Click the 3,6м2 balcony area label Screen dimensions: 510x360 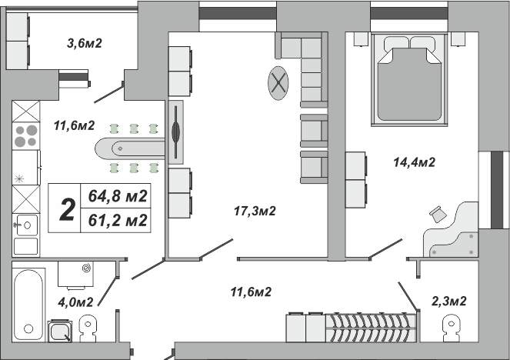[x=85, y=43]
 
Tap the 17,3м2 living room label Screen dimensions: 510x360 [x=255, y=211]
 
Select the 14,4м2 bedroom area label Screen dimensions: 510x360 [x=414, y=162]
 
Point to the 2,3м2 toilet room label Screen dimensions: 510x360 [x=449, y=301]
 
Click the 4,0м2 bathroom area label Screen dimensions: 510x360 [x=75, y=302]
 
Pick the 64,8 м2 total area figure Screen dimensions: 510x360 [x=118, y=196]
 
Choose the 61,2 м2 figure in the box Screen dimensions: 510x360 [x=118, y=220]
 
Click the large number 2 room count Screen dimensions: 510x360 [x=68, y=209]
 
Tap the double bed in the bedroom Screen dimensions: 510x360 [x=409, y=79]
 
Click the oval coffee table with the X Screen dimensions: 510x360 [x=278, y=83]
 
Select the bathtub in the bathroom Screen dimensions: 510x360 [x=28, y=305]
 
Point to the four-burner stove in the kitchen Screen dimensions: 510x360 [x=26, y=136]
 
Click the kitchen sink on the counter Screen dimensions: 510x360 [x=25, y=225]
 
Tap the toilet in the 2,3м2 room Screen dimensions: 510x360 [x=452, y=328]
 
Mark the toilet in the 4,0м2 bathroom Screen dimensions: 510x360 [x=88, y=328]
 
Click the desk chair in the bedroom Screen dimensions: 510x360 [x=438, y=215]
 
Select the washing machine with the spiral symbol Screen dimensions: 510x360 [x=76, y=274]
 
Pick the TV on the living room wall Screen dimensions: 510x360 [x=175, y=132]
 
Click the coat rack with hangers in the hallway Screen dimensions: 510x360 [x=371, y=328]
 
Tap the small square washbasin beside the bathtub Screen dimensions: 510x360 [x=60, y=332]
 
